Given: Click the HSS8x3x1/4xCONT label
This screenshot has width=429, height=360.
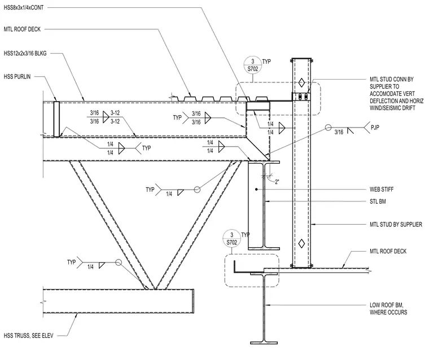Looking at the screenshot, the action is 24,8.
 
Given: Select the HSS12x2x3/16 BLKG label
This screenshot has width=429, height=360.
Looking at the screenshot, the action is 25,54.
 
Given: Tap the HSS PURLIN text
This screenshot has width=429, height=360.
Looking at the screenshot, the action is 17,77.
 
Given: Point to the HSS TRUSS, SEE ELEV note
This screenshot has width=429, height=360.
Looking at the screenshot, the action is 28,335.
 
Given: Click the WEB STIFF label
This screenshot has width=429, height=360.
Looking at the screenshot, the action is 382,189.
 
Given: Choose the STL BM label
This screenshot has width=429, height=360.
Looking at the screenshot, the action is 378,201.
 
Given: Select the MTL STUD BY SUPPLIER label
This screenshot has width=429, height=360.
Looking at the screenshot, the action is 396,225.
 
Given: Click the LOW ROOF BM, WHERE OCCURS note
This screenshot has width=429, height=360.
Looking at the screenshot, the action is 388,309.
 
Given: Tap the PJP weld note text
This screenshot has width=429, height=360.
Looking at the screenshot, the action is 375,128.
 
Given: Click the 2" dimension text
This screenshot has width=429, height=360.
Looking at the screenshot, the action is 277,182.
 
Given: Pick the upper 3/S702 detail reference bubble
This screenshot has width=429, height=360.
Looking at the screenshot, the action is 252,65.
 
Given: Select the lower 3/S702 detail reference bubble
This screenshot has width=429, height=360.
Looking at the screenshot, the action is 232,239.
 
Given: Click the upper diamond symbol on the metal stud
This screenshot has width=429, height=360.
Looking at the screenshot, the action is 301,82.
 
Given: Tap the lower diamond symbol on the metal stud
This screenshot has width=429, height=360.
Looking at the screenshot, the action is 301,243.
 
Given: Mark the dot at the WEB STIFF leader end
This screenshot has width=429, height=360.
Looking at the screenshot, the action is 256,189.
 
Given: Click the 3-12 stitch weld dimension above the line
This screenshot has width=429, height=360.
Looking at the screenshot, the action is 115,113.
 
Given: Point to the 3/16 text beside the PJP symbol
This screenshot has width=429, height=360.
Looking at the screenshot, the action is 339,133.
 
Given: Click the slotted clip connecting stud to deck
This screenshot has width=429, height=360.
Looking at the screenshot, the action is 301,97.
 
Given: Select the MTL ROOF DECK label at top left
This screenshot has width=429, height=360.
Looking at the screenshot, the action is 22,29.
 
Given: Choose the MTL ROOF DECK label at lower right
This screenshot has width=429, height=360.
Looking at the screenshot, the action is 388,251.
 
